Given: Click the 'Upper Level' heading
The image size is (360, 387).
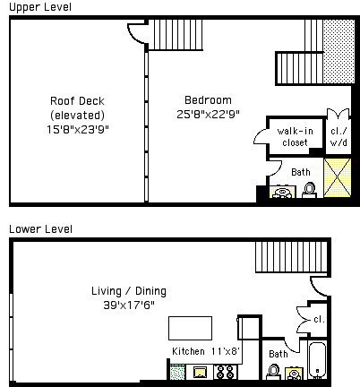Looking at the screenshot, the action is [40, 7].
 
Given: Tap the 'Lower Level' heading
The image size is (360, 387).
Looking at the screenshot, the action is [40, 229].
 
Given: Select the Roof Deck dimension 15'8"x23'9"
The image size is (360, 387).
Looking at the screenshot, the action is [78, 130].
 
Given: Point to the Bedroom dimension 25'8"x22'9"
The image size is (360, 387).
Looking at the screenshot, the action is [208, 114].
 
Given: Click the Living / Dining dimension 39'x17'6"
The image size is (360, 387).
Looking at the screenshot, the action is [129, 305].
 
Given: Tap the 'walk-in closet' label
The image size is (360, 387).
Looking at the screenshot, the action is [295, 137].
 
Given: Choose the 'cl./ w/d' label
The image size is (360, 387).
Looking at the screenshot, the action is [339, 137].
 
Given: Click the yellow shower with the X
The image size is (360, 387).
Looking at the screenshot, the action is [338, 177].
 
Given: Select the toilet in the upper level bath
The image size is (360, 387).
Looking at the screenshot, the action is [309, 191].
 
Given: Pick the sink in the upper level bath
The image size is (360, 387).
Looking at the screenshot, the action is [282, 192].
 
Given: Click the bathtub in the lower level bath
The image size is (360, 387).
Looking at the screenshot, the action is [317, 360].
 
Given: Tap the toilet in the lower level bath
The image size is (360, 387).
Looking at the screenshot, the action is [273, 372].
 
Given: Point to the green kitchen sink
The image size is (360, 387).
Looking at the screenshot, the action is [177, 373].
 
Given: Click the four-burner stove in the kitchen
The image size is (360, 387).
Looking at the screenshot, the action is [226, 372].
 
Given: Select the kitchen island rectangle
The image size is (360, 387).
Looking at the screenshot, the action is [190, 328].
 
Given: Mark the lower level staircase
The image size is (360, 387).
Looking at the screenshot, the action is [291, 257].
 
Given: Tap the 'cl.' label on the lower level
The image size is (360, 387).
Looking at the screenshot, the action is [319, 320].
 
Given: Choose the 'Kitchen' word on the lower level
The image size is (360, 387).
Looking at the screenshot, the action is [188, 351].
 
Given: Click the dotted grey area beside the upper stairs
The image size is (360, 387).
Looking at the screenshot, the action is [339, 51].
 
